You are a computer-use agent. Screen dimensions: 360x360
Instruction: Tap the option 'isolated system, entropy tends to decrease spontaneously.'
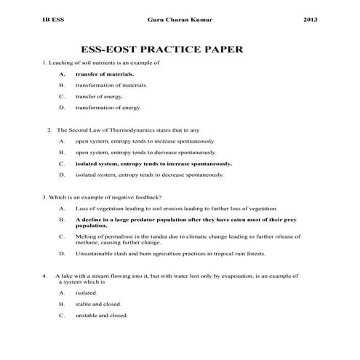click(x=150, y=175)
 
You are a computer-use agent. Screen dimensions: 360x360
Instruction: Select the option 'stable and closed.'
click(x=98, y=304)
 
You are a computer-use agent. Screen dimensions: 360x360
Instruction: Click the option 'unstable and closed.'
click(x=101, y=315)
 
